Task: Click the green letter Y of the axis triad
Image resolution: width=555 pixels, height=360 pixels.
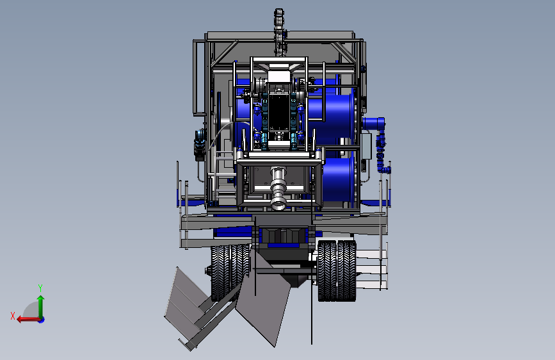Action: coord(40,288)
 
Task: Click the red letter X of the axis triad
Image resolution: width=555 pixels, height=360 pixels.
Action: coord(13,316)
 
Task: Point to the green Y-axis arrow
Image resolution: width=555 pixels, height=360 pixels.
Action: coord(41,307)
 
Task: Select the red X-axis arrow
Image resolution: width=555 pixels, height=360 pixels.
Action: coord(28,320)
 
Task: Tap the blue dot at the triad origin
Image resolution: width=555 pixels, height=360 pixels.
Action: coord(42,320)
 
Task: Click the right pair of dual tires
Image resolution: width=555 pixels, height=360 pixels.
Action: coord(337,271)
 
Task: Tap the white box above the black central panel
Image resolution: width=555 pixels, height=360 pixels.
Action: coord(279,77)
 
